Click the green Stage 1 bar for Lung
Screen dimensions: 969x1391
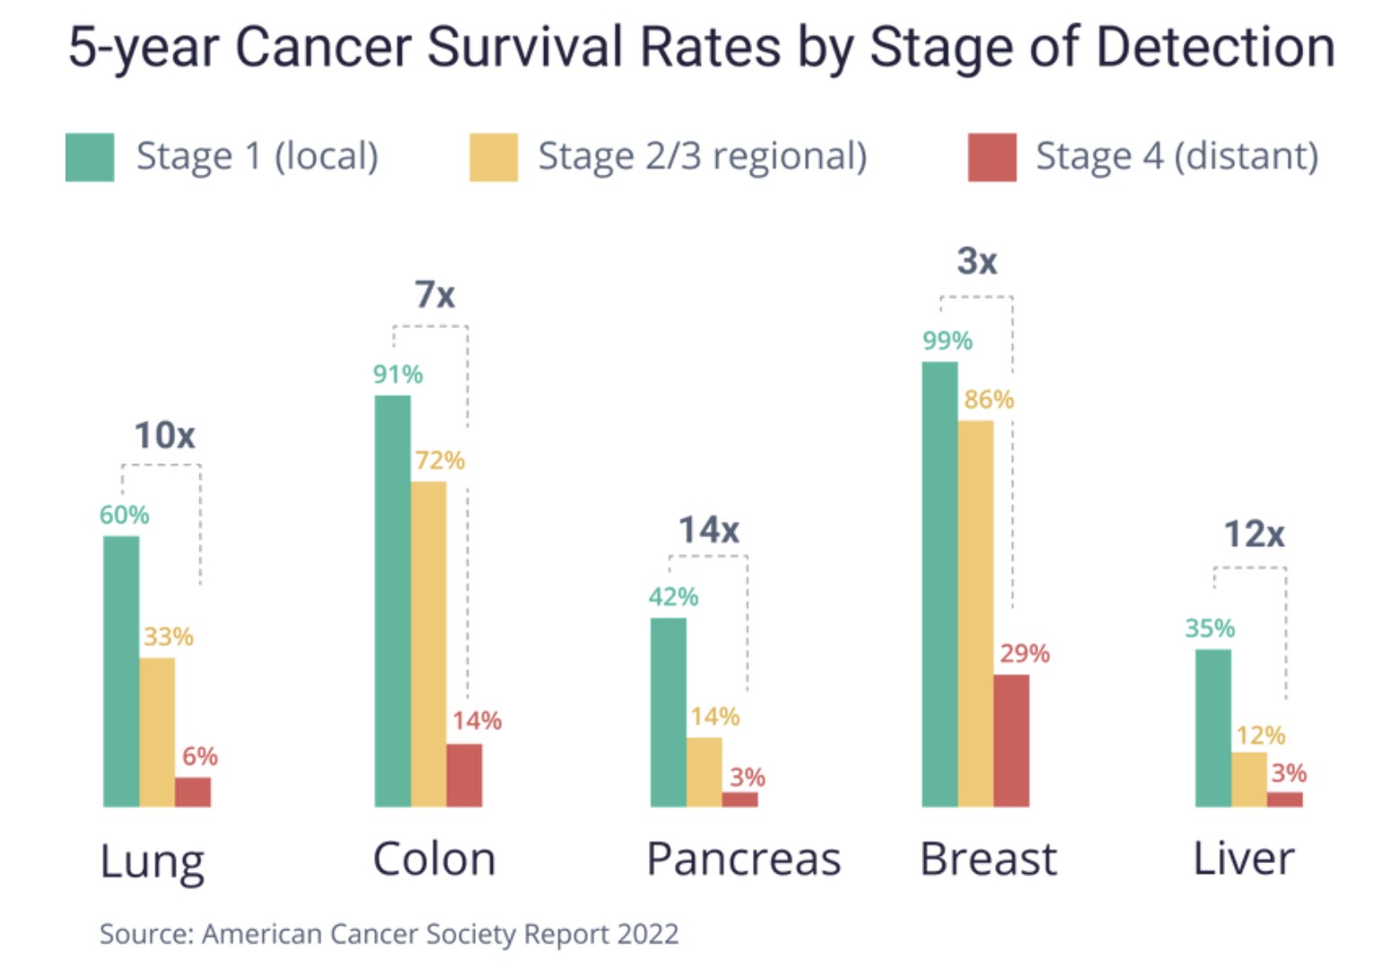click(x=121, y=671)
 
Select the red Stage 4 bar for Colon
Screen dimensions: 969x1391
click(x=464, y=775)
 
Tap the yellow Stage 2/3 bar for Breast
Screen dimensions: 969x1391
click(x=975, y=612)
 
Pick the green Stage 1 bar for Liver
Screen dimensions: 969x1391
click(x=1213, y=727)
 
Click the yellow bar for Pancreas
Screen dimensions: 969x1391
click(x=704, y=771)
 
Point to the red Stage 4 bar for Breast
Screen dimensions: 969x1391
click(x=1011, y=740)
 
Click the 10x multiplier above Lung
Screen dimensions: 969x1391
click(x=164, y=436)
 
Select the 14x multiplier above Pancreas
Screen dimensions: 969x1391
click(x=708, y=530)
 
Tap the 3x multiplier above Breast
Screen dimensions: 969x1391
click(x=976, y=261)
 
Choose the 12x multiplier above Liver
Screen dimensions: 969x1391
click(x=1254, y=534)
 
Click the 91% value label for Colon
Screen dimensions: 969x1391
click(x=398, y=374)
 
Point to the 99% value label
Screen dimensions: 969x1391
click(x=947, y=341)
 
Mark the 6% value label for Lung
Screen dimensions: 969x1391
click(x=199, y=756)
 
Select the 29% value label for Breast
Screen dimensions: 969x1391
click(x=1024, y=654)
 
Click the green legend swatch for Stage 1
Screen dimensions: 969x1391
click(x=90, y=157)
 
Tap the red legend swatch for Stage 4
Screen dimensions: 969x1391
click(x=992, y=157)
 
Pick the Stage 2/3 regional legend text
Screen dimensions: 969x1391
click(x=702, y=156)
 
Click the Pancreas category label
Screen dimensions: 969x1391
click(x=743, y=859)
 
